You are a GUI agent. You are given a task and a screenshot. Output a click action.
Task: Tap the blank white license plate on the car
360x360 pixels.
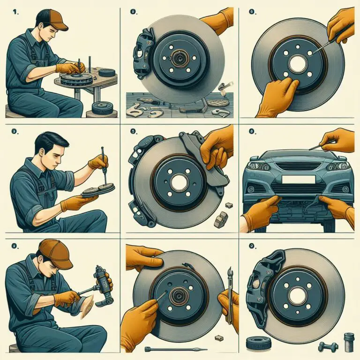[298, 180]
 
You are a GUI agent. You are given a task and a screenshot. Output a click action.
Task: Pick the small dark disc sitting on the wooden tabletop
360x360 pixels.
[107, 72]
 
